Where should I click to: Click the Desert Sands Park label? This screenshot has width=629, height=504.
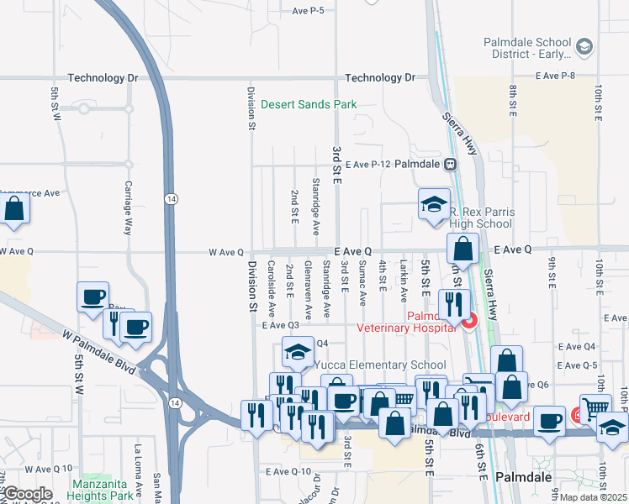point(309,105)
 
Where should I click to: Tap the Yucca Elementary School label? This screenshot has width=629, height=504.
point(379,365)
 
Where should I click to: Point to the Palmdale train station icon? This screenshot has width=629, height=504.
point(451,165)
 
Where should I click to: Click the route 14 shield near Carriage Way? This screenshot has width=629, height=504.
point(171,199)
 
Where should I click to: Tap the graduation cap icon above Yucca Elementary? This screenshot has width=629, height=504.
point(297,353)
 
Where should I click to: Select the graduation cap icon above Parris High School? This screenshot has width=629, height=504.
point(434,203)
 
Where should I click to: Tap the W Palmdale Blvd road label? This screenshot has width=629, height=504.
point(98,353)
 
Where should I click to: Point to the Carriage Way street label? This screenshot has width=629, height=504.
point(129,207)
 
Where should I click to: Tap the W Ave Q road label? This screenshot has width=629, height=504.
point(225,252)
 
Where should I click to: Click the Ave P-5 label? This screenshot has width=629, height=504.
point(308,11)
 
